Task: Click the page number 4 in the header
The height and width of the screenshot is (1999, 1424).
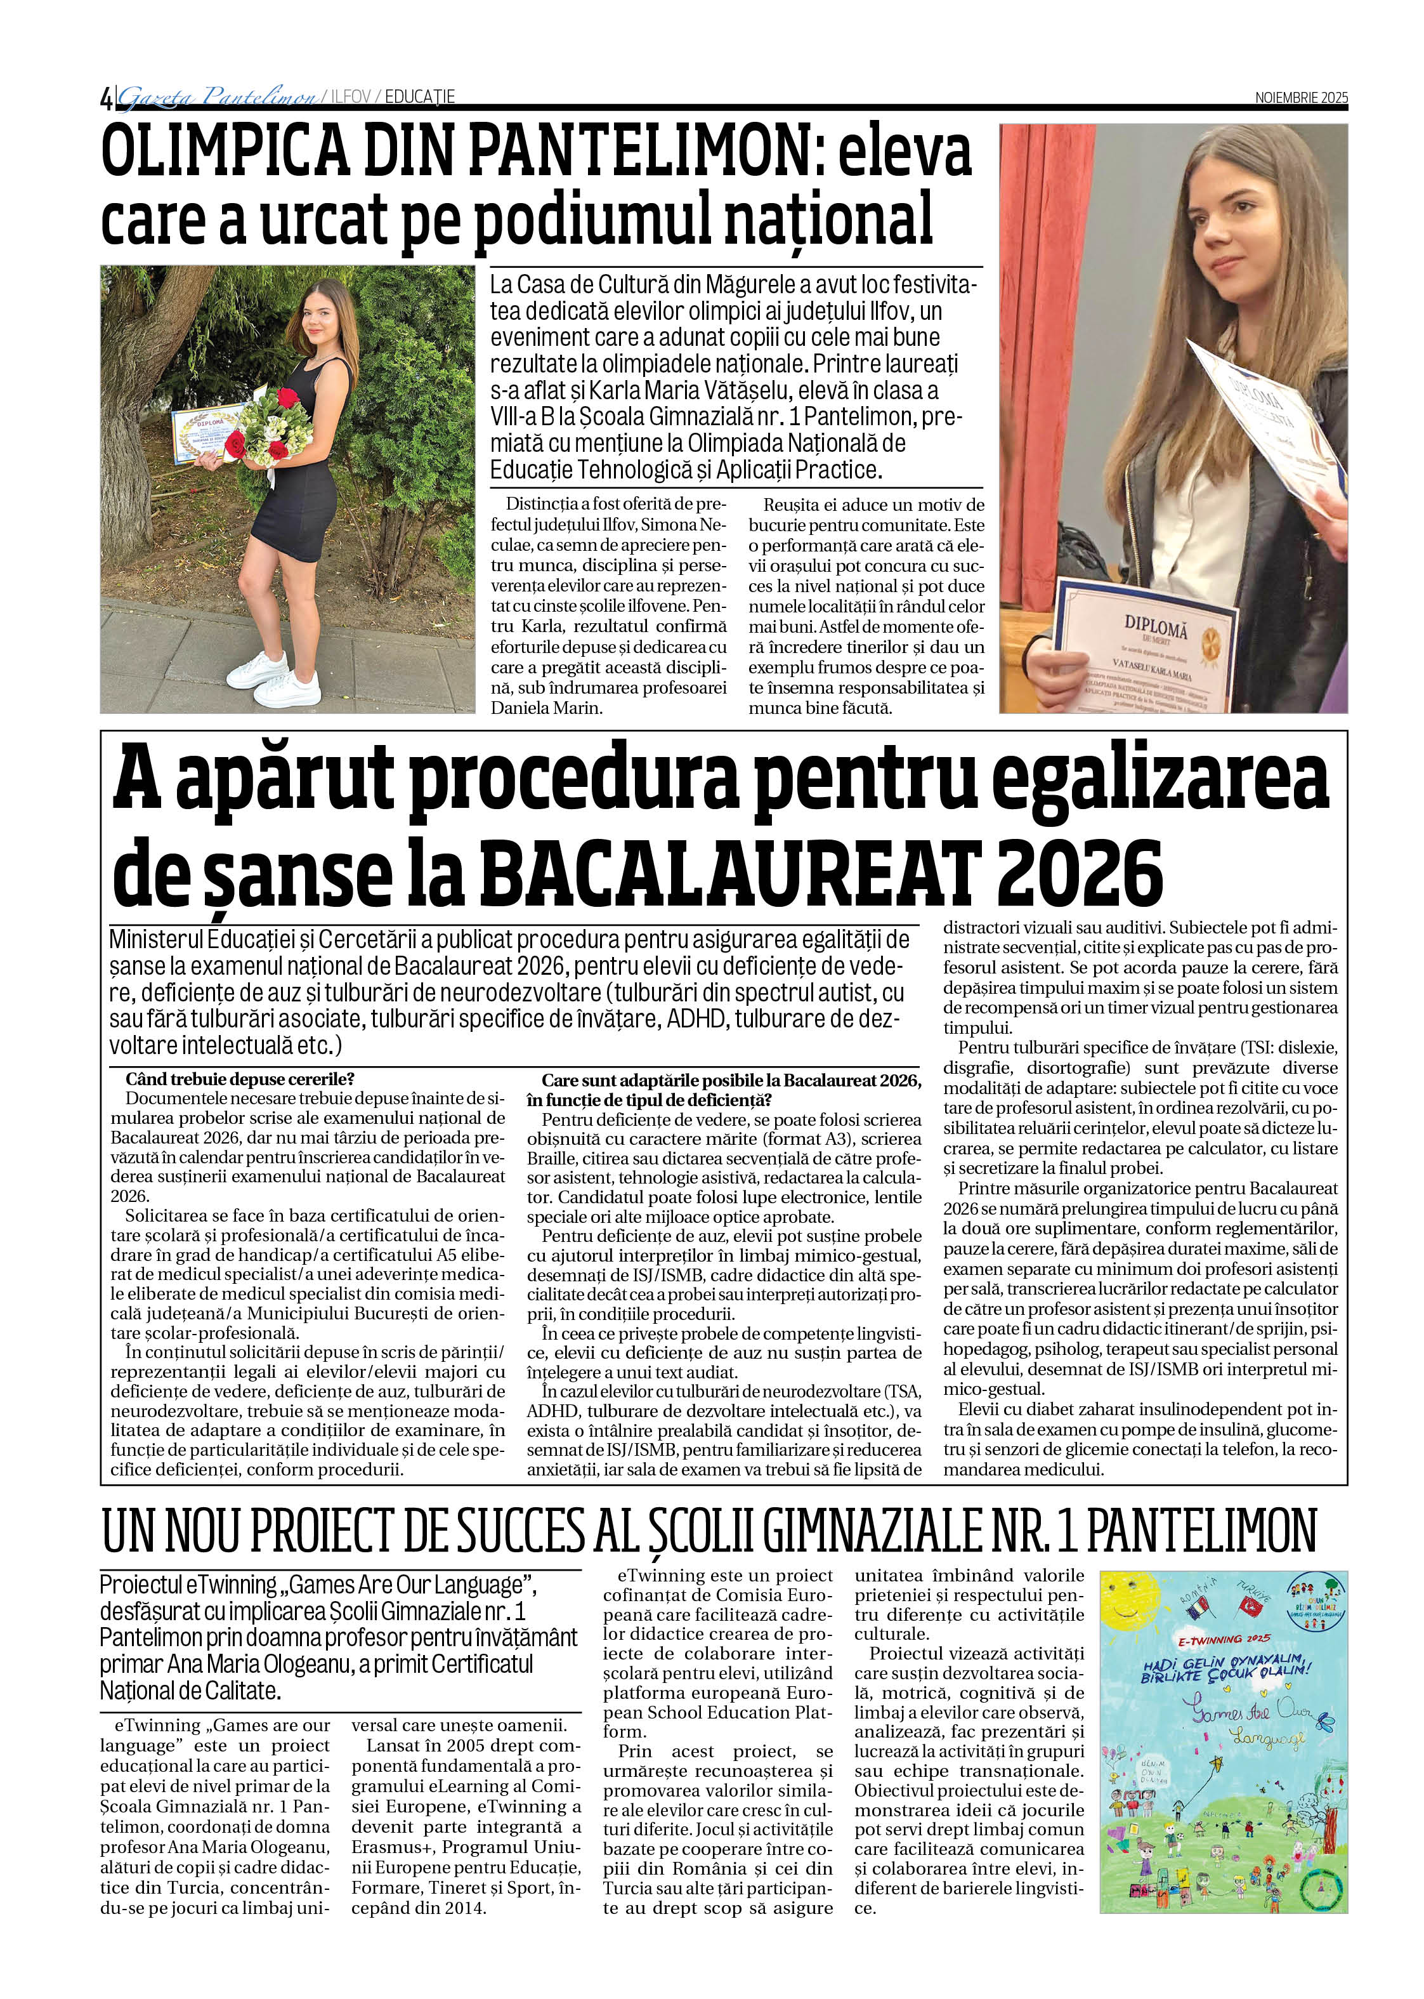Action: [x=106, y=98]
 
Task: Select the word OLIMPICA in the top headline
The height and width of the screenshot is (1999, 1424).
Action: [x=225, y=151]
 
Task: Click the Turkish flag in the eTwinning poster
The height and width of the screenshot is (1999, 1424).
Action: [x=1250, y=1605]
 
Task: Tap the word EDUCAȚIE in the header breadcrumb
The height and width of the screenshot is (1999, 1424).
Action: [x=419, y=96]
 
